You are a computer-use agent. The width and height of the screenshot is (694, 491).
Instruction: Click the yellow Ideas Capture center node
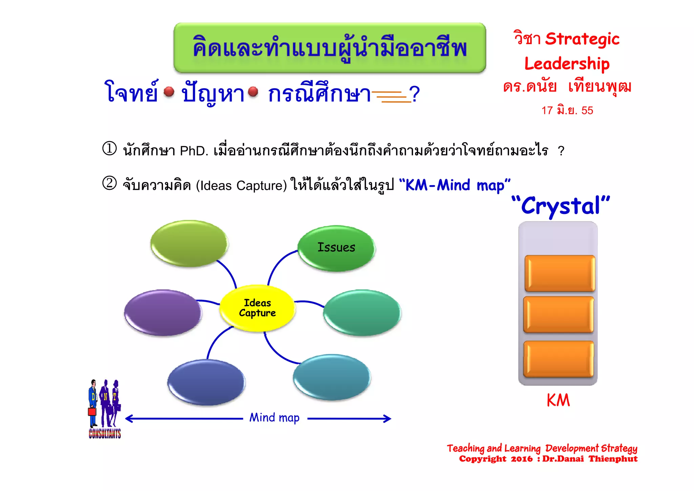tap(257, 308)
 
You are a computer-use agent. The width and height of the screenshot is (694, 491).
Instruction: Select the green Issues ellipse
tap(336, 248)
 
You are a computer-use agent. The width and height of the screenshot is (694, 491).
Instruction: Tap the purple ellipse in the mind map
tap(163, 312)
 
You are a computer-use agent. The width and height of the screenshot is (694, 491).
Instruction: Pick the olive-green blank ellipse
tap(189, 243)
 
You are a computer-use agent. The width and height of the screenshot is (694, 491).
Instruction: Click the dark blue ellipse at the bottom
tap(206, 382)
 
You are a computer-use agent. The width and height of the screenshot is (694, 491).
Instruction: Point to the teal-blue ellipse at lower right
tap(331, 377)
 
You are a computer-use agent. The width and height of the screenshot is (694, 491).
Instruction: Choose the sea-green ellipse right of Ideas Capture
tap(362, 312)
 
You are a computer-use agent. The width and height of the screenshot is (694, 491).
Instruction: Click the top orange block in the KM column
tap(559, 273)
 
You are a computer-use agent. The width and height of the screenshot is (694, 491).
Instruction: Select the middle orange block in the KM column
tap(558, 314)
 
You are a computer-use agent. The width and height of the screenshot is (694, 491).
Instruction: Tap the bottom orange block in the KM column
tap(558, 359)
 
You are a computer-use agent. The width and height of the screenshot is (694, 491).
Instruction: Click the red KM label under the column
tap(558, 400)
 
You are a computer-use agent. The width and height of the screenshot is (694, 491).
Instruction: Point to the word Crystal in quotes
tap(561, 206)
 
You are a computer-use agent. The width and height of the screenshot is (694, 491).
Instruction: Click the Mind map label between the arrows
tap(274, 418)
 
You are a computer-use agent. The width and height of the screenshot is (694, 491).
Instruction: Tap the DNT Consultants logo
tap(105, 409)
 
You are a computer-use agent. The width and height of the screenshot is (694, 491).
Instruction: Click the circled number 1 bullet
tap(109, 149)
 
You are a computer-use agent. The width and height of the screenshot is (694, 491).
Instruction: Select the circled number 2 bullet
tap(109, 183)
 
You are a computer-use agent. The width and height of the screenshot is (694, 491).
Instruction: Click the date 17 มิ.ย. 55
tap(567, 111)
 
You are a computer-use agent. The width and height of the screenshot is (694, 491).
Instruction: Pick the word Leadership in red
tap(567, 64)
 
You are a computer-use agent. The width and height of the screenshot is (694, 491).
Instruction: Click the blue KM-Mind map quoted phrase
tap(454, 185)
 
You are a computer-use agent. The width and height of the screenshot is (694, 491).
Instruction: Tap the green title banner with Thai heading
tap(330, 48)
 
